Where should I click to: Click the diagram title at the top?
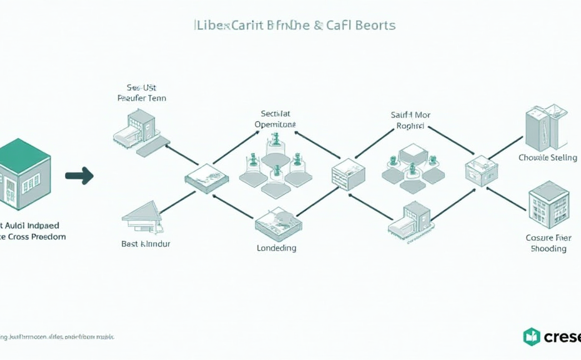(x=295, y=26)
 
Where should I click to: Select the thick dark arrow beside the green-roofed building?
(x=79, y=176)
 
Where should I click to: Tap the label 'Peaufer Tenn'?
(x=142, y=98)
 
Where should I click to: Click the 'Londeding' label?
(x=276, y=248)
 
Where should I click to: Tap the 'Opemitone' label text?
(x=276, y=124)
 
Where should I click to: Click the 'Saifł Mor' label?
(x=410, y=115)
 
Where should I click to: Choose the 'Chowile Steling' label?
(x=548, y=158)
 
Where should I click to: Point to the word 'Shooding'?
(x=549, y=249)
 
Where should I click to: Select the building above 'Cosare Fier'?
(x=549, y=204)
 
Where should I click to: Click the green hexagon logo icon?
(x=531, y=337)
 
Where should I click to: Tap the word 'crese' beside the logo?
(x=562, y=337)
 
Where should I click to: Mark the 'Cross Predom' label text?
(x=36, y=237)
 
